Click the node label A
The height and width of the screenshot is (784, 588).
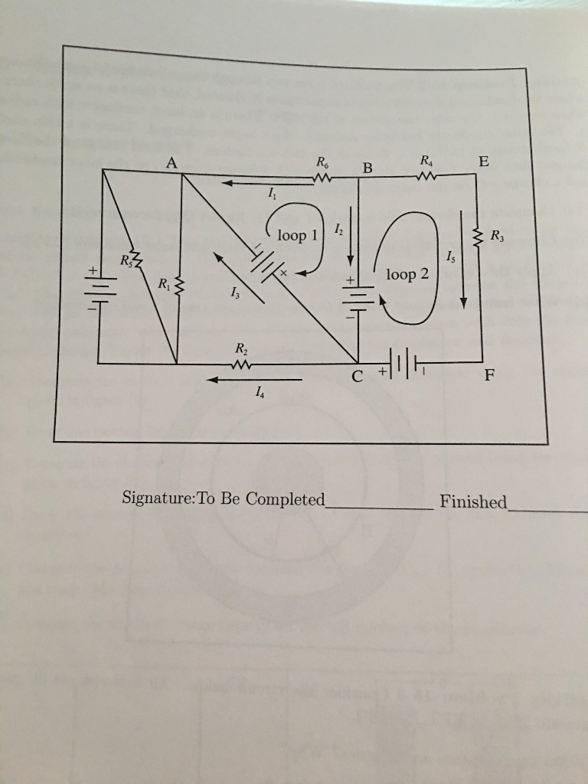(170, 162)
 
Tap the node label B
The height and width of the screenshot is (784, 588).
(367, 168)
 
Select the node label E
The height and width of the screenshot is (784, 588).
(482, 162)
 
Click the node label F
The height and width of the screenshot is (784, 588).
(489, 376)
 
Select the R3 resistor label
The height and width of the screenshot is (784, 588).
(497, 234)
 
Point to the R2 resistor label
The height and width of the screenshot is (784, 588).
(240, 350)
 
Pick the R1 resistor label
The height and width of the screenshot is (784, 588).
(164, 285)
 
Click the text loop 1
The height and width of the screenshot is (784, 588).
(297, 235)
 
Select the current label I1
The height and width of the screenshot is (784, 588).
(273, 196)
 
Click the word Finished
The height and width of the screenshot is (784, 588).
(473, 501)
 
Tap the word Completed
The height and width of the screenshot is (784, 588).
(286, 499)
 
